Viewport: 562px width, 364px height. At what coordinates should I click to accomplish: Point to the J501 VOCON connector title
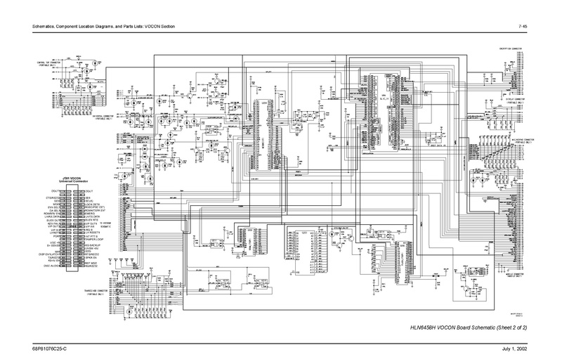pos(74,178)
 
